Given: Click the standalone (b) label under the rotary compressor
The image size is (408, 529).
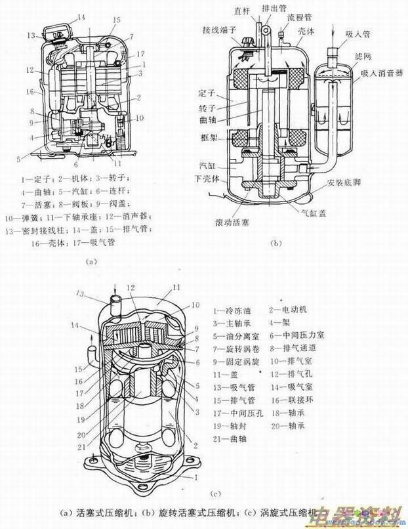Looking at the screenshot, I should pos(275,244).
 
